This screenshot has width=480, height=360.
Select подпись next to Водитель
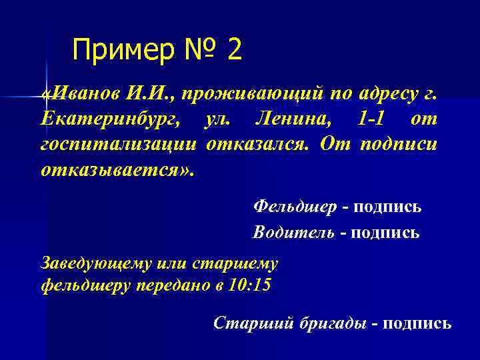(386, 233)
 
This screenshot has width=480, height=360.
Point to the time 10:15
(252, 285)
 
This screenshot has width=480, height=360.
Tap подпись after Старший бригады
(418, 323)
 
